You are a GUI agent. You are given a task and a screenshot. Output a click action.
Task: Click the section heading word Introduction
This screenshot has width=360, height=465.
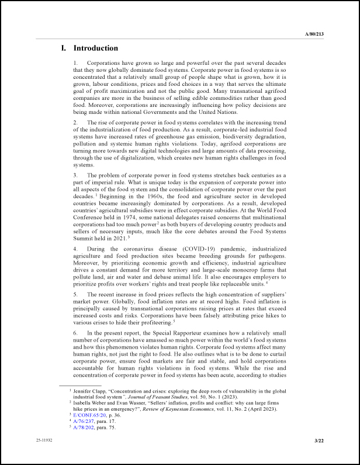tap(96, 48)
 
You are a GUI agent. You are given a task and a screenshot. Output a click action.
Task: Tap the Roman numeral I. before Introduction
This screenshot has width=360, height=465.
tap(64, 48)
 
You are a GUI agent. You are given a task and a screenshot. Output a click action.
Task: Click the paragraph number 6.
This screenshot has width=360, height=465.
tap(75, 332)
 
